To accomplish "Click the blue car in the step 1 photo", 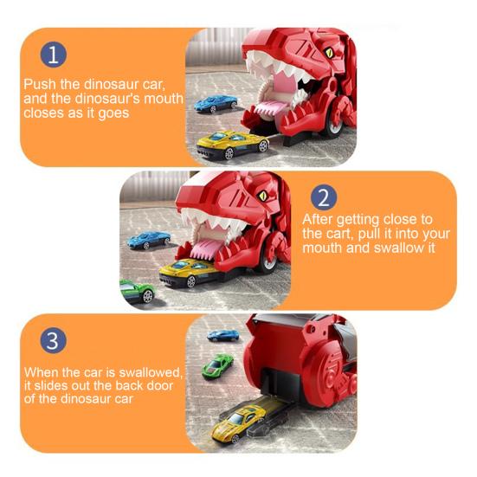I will tap(214, 104).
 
